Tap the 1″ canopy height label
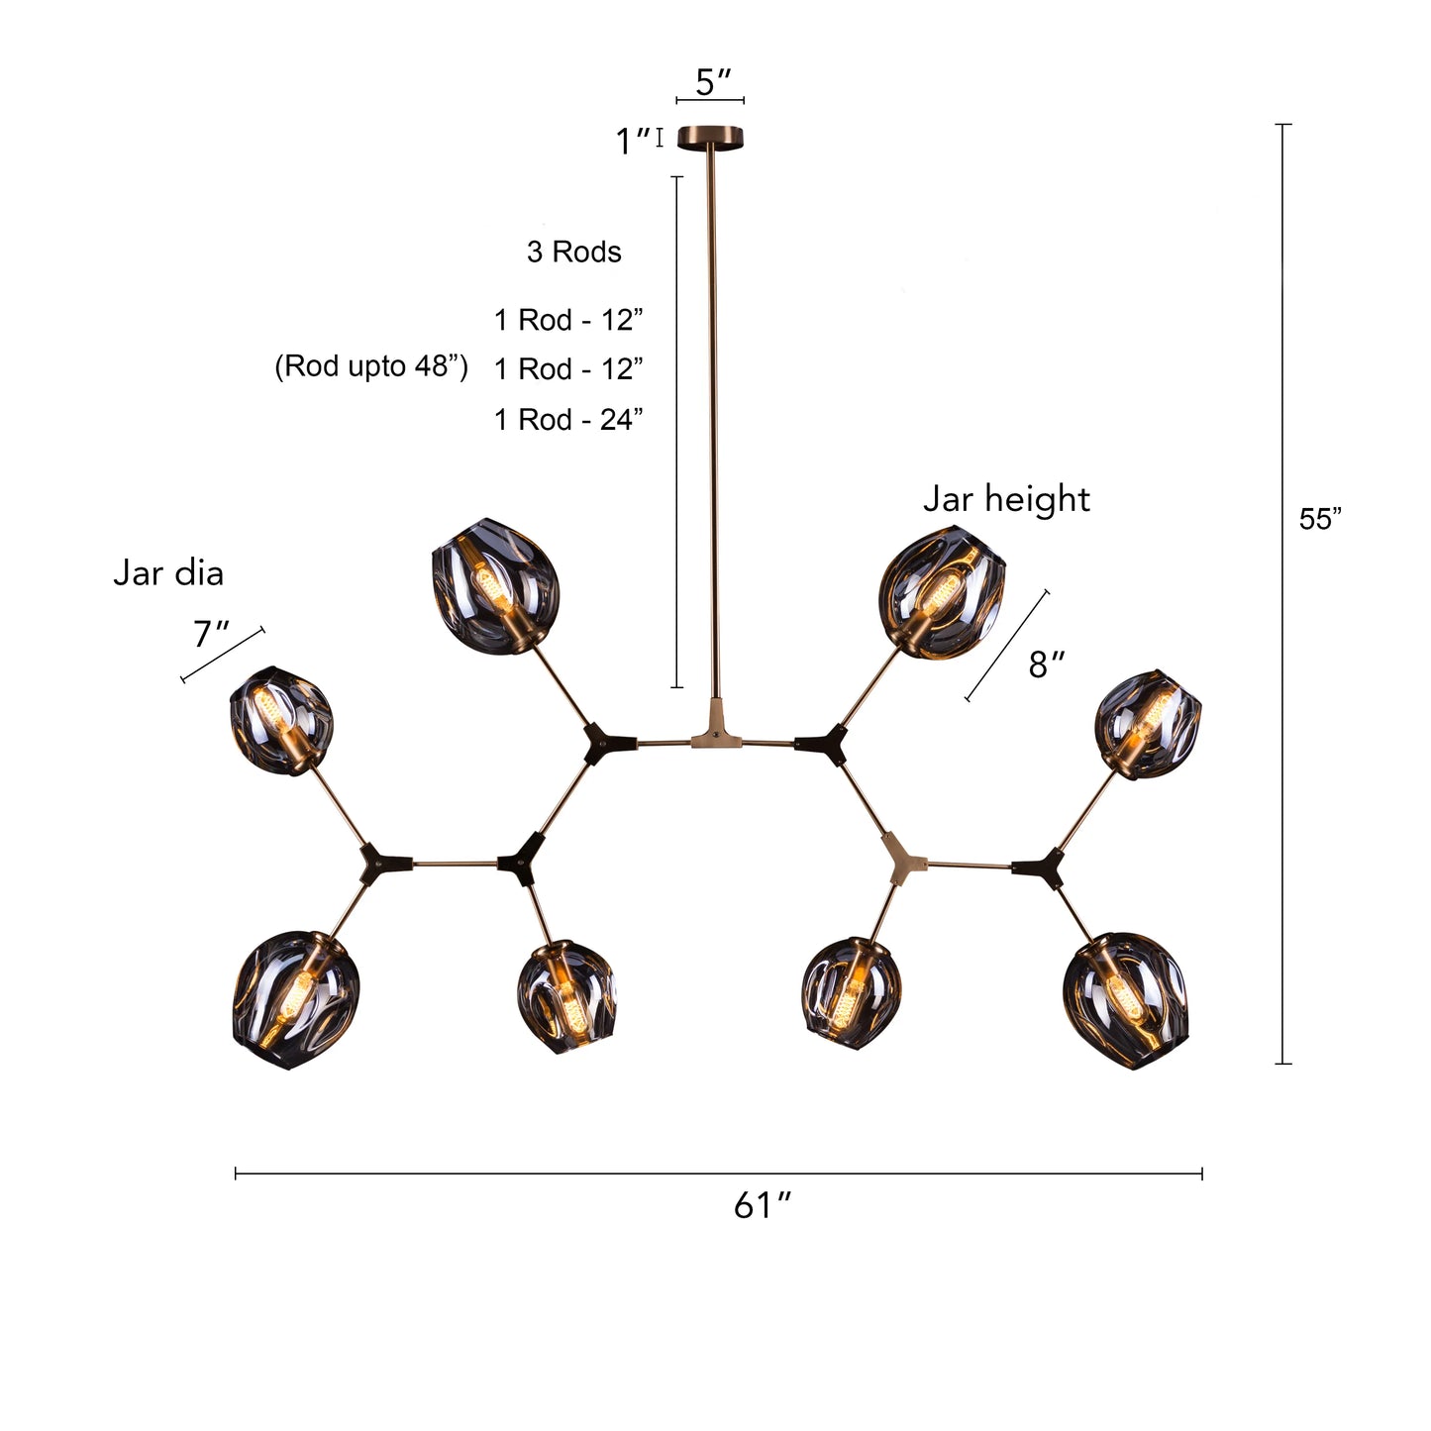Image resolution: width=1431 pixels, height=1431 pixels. click(x=632, y=142)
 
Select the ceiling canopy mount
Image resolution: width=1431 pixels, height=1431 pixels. click(x=712, y=137)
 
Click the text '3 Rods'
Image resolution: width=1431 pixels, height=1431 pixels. click(x=573, y=252)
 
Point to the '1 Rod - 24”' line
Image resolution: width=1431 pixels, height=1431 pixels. click(x=568, y=419)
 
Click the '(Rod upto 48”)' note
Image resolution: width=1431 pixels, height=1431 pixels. click(x=370, y=366)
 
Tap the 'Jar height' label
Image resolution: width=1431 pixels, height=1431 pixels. click(x=1006, y=498)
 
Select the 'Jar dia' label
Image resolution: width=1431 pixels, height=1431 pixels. click(x=168, y=572)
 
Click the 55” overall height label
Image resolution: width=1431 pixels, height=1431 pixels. click(x=1320, y=519)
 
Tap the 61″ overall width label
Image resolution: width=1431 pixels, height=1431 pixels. click(x=763, y=1205)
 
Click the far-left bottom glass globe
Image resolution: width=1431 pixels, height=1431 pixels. click(x=295, y=1000)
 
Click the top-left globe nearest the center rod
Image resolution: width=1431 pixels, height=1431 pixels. click(x=496, y=584)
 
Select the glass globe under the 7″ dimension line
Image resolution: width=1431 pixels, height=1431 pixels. click(x=281, y=719)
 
